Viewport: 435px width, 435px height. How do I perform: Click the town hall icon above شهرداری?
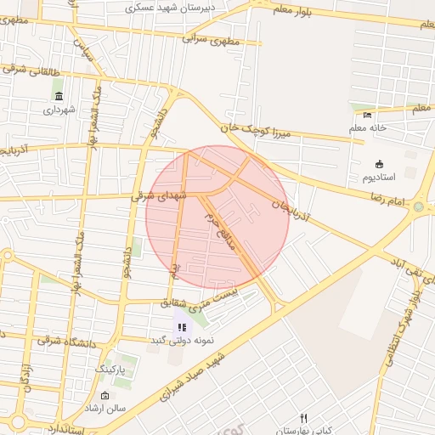pos(59,95)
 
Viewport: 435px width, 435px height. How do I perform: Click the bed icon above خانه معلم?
pos(367,115)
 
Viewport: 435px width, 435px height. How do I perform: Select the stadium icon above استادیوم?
pos(379,164)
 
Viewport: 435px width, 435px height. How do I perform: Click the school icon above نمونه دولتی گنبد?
pos(180,327)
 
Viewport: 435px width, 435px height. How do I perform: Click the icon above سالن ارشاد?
pos(105,395)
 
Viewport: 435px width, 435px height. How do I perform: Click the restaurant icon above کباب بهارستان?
pos(303,417)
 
